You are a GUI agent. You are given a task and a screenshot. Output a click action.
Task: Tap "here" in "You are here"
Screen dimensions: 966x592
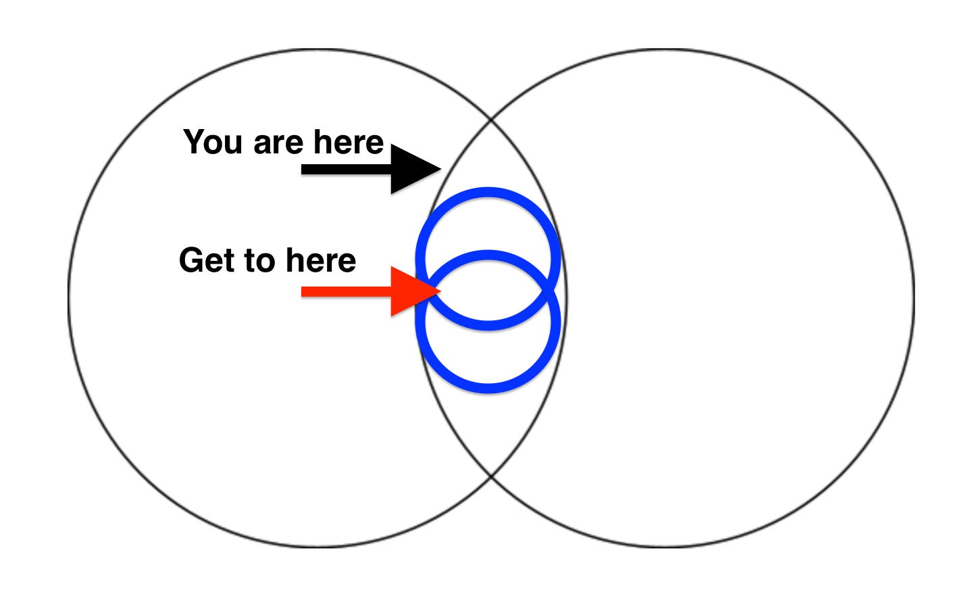(348, 143)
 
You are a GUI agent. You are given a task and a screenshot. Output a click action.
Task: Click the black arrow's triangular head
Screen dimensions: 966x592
(412, 169)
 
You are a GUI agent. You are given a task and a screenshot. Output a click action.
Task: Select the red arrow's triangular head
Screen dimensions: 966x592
(412, 292)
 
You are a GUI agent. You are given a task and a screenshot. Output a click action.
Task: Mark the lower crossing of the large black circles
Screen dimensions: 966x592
(491, 475)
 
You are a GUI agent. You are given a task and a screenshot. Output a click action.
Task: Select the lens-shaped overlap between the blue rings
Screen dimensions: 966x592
(488, 290)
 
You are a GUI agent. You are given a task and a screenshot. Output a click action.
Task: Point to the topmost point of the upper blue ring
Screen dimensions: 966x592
(488, 192)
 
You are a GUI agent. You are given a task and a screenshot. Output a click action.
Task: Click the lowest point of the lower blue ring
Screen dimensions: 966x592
(488, 389)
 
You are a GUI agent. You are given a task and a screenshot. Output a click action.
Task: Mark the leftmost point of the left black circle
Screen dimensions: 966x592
(68, 297)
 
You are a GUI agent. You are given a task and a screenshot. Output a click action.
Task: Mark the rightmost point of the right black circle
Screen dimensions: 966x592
(914, 297)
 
